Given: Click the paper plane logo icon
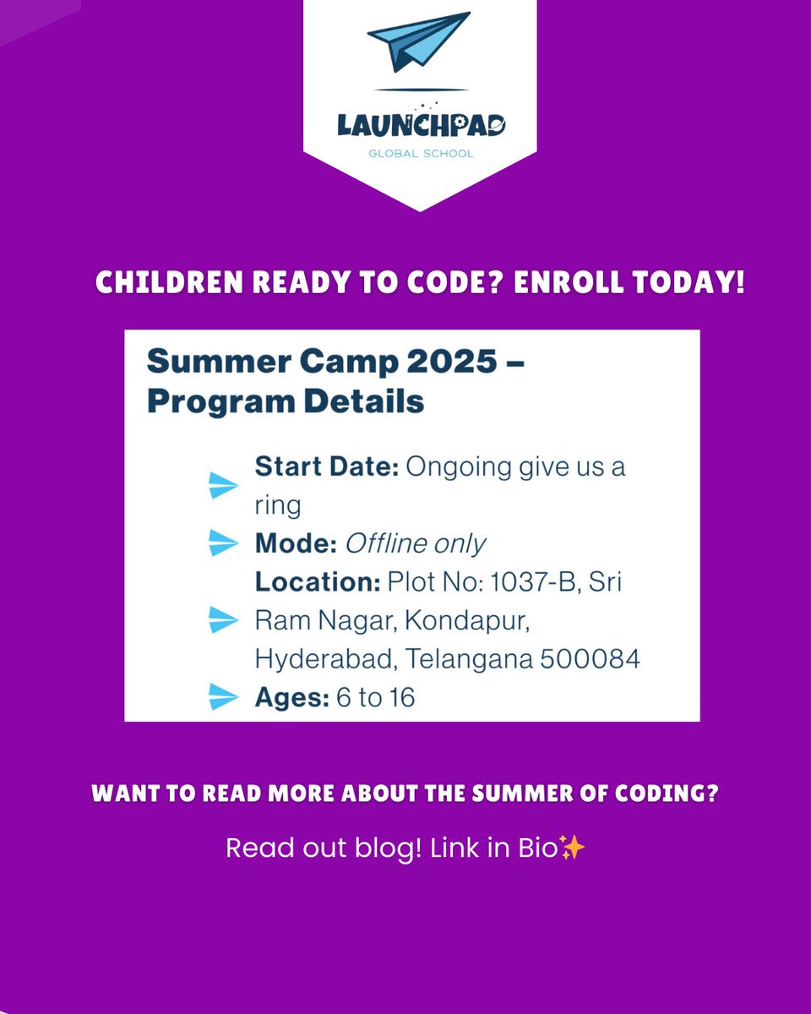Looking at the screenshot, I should click(x=418, y=41).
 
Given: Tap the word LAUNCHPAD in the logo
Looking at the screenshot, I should click(x=421, y=126).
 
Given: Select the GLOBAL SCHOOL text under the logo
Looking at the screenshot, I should click(x=421, y=154).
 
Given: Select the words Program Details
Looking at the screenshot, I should click(x=286, y=401).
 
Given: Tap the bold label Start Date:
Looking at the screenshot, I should click(x=326, y=467).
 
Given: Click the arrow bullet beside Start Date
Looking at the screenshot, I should click(x=224, y=485).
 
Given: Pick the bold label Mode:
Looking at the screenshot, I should click(x=295, y=543).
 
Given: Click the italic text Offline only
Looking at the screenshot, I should click(x=415, y=543).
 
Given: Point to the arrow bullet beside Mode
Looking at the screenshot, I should click(x=224, y=543).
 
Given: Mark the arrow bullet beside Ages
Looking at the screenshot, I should click(x=224, y=698).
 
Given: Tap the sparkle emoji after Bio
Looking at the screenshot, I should click(x=573, y=848).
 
